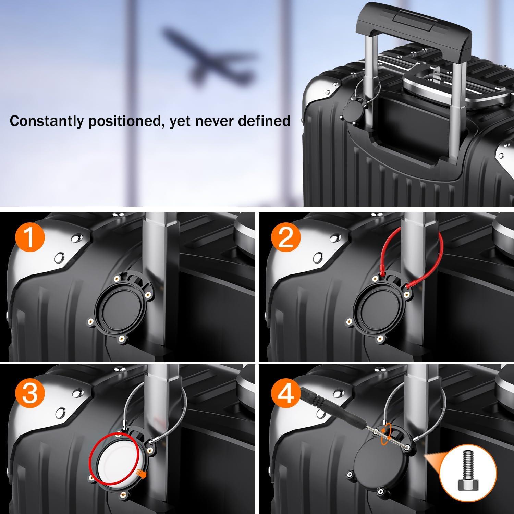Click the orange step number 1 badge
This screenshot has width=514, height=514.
click(x=30, y=237)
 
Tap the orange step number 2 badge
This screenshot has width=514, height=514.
click(x=286, y=237)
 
